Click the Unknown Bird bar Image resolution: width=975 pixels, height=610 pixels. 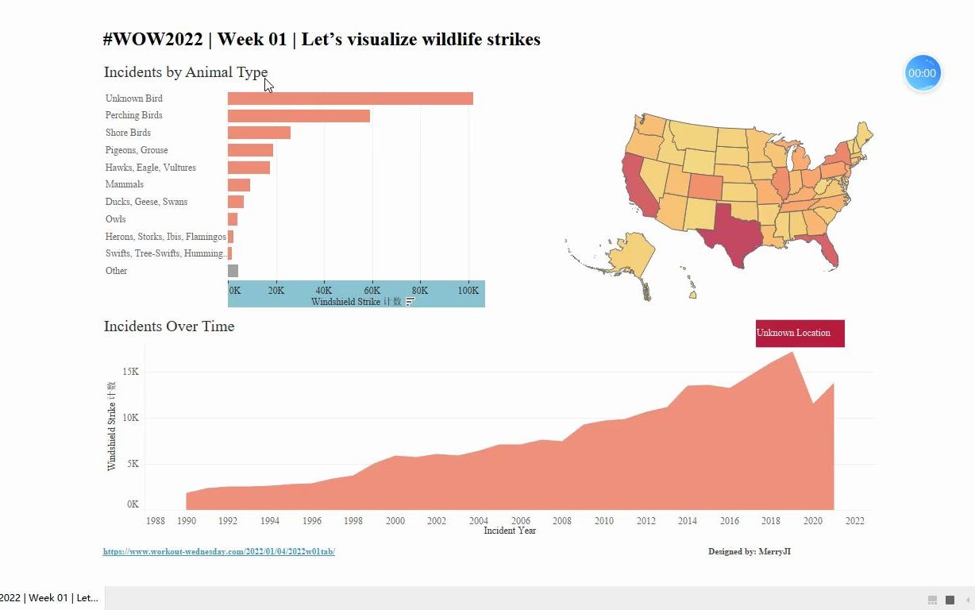coord(349,98)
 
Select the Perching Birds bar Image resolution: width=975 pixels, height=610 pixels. coord(299,116)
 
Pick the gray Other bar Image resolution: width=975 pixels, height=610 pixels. coord(233,271)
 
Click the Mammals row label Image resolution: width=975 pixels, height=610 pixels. coord(125,184)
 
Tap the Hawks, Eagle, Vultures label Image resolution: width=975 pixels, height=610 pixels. coord(151,168)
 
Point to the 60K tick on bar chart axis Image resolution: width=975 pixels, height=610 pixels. coord(372,291)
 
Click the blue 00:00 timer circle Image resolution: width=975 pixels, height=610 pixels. coord(923,73)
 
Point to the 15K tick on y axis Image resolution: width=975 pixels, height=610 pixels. coord(130,372)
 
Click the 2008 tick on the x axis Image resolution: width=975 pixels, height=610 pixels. coord(562,521)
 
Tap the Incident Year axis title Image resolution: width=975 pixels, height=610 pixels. coord(510,531)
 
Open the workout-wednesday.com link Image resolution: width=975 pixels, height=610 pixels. coord(218,551)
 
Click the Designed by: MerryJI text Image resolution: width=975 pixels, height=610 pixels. coord(749,551)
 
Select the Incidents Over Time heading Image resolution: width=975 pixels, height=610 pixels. coord(169,326)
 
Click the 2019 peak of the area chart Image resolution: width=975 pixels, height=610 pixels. coord(792,354)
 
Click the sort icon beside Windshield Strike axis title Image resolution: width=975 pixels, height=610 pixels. coord(410,302)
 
